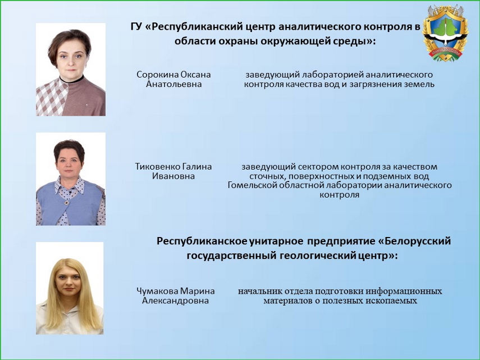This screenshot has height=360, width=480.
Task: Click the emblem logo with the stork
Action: tap(445, 37)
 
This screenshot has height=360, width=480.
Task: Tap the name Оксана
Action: tap(195, 74)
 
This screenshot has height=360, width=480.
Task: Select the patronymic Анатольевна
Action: tap(173, 84)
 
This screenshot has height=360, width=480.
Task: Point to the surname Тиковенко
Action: tap(157, 167)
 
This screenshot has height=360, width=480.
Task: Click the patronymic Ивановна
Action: tap(173, 176)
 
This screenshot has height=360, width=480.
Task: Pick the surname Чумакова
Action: tap(157, 291)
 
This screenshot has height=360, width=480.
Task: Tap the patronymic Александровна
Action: tap(175, 300)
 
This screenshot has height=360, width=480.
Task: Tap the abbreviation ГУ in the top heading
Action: tap(136, 27)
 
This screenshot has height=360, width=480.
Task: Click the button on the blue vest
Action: tap(66, 202)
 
